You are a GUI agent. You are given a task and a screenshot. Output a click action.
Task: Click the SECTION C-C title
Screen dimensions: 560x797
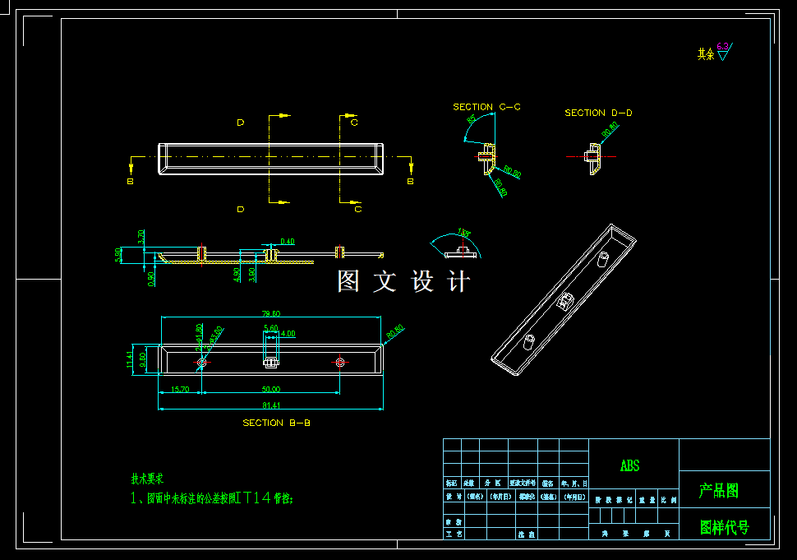(486, 107)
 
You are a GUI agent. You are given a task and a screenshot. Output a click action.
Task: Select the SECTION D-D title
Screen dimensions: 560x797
(598, 113)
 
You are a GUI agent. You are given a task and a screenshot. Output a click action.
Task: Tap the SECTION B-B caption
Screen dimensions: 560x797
(276, 423)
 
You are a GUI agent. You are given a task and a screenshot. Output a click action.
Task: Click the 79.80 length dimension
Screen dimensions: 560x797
(271, 313)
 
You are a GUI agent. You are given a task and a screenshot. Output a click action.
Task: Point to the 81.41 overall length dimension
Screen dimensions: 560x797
(271, 405)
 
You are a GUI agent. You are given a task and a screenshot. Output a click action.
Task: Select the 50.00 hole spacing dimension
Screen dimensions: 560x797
(271, 389)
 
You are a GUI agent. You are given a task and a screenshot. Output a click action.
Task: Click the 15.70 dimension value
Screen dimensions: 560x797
(179, 389)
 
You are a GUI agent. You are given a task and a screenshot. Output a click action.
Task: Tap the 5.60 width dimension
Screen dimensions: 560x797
(270, 328)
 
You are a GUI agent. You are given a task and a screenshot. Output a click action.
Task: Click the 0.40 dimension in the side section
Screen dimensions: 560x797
(287, 241)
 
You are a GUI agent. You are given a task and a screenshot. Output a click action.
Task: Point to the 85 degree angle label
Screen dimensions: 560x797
(472, 120)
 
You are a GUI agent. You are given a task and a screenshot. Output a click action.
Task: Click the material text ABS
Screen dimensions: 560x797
(629, 465)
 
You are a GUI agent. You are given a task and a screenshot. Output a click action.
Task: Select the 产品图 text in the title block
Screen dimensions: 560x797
(719, 491)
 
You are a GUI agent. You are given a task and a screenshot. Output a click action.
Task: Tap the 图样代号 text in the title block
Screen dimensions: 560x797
(724, 527)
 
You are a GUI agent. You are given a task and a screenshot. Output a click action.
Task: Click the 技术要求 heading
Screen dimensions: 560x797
(148, 478)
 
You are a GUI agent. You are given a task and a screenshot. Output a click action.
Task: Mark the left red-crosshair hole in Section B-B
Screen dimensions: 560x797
(202, 362)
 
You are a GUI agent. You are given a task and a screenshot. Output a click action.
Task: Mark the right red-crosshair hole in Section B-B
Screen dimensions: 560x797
(339, 362)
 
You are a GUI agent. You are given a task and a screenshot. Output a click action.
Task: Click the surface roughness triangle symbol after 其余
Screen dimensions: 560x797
(723, 54)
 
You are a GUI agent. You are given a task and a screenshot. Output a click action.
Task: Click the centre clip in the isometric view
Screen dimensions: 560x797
(565, 302)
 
